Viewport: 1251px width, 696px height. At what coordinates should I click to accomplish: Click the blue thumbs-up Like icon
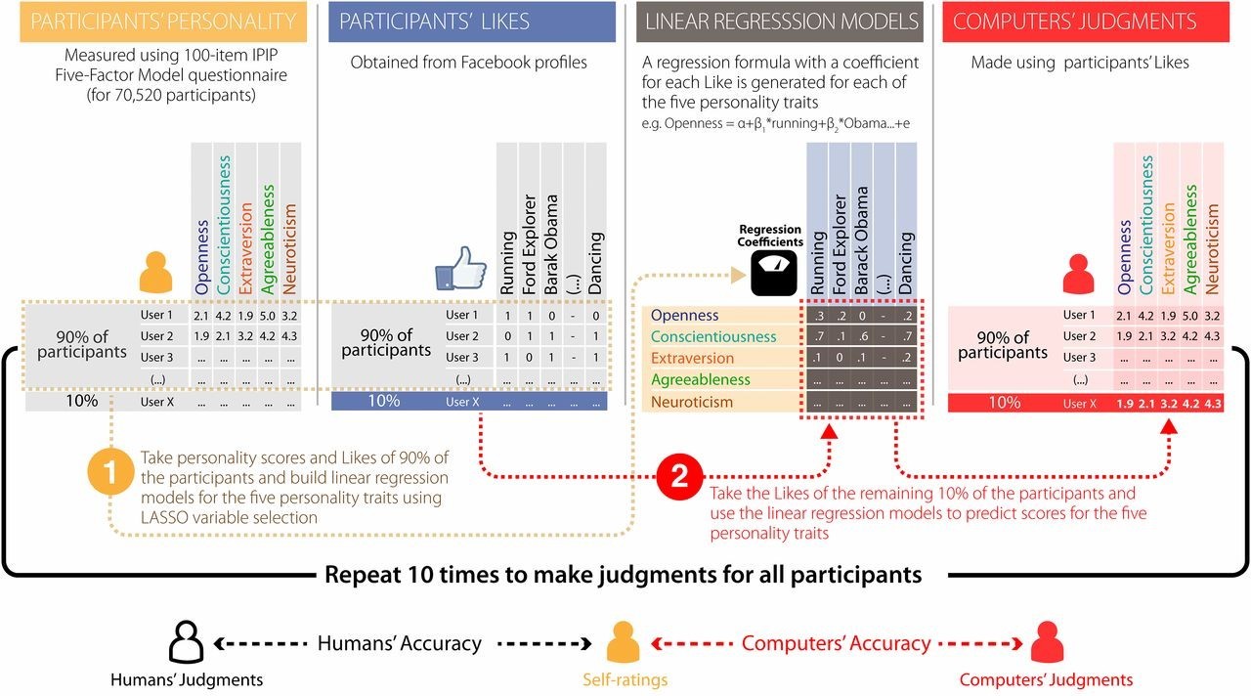click(x=460, y=268)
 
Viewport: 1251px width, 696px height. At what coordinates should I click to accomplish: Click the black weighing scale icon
click(x=770, y=274)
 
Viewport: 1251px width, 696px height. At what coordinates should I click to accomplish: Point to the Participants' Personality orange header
click(x=153, y=22)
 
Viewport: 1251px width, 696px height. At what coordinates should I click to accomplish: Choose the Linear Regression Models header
click(x=779, y=22)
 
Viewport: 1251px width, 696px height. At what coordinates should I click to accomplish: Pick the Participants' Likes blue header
click(x=473, y=22)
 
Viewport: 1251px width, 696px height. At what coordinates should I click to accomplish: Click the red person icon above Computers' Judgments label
click(x=1045, y=642)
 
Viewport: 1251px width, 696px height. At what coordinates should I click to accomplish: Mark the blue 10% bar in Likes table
click(x=469, y=401)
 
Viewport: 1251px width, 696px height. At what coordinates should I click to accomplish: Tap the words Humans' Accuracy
click(x=399, y=643)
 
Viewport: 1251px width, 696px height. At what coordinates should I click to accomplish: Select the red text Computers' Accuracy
click(x=836, y=643)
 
